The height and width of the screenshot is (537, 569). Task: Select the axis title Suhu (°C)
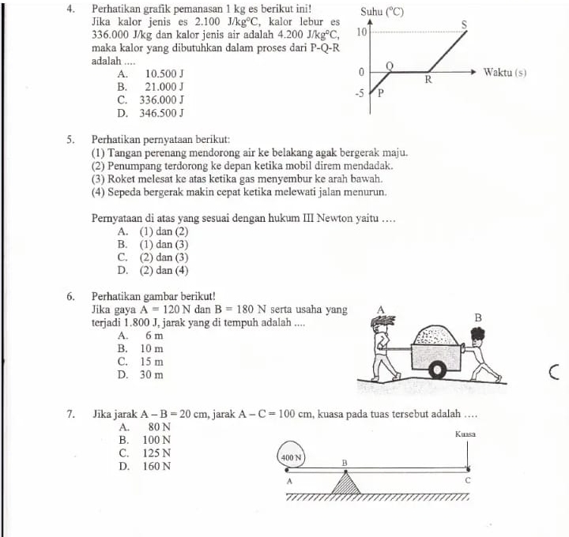point(382,12)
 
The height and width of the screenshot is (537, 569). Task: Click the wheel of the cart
point(435,370)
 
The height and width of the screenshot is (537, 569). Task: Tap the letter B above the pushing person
point(477,317)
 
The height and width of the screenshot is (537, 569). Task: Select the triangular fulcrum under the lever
point(345,483)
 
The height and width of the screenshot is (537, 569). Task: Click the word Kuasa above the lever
point(465,434)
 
